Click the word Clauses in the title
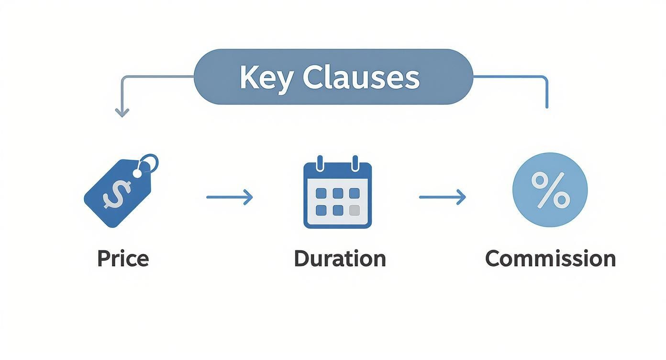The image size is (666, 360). point(361,78)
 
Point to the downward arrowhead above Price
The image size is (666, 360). point(122,113)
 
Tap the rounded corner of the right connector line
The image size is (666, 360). point(544,79)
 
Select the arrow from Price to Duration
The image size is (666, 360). point(229,197)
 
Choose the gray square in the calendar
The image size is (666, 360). point(354,210)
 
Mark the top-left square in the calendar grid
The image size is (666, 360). point(321,193)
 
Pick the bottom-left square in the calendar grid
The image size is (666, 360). point(321,210)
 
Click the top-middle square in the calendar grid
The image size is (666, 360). point(338,193)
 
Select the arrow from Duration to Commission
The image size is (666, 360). point(442,197)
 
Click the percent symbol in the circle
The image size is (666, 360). point(550,190)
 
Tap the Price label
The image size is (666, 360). point(123,259)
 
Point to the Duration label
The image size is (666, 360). point(340,259)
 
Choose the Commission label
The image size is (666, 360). point(550,259)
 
